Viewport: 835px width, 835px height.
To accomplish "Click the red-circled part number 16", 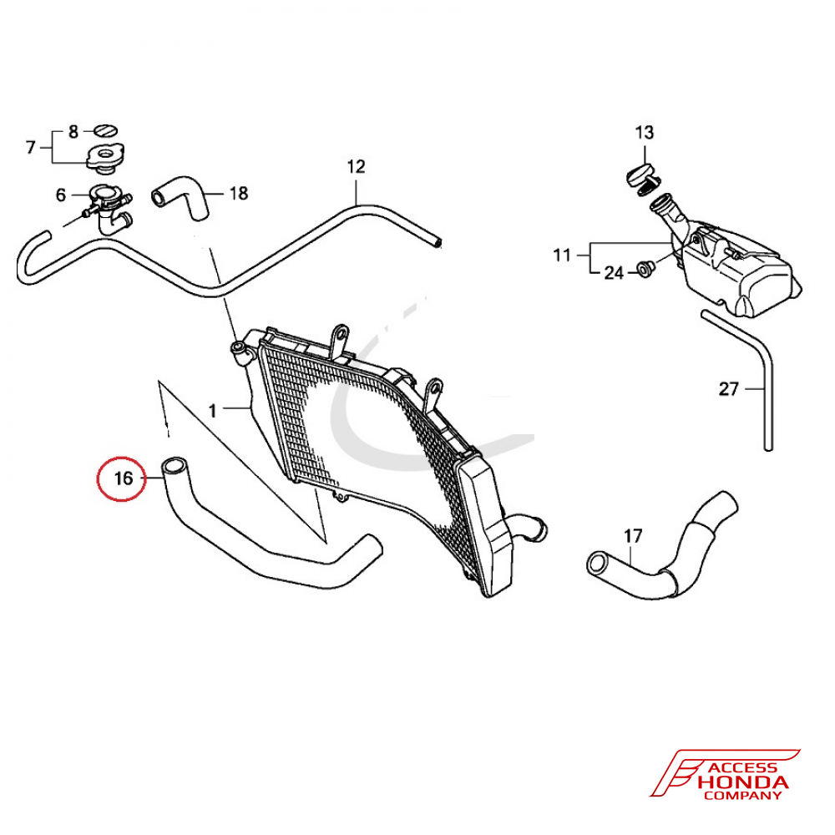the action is tap(124, 478).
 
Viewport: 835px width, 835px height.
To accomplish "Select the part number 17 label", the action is tap(633, 536).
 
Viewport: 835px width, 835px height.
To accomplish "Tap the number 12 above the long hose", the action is tap(357, 167).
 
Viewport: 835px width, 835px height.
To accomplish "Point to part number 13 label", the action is tap(645, 132).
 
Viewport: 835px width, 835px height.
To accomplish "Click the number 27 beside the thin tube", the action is tap(728, 389).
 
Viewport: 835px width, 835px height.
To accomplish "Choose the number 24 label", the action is tap(614, 273).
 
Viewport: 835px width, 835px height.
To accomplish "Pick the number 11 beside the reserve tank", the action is tap(562, 256).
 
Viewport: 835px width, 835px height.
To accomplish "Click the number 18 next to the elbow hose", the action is tap(239, 193).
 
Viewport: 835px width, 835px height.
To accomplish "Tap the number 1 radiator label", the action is tap(212, 411).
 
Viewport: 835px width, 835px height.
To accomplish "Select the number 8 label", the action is tap(73, 132).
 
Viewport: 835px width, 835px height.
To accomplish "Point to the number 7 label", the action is tap(31, 147).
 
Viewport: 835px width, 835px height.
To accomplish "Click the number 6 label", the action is tap(61, 195).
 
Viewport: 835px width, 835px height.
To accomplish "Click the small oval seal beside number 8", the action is tap(105, 130).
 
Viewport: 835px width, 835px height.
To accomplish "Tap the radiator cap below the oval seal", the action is tap(106, 157).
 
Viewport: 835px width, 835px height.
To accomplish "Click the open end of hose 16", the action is tap(175, 467).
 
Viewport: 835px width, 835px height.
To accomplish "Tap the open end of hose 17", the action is tap(599, 564).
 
